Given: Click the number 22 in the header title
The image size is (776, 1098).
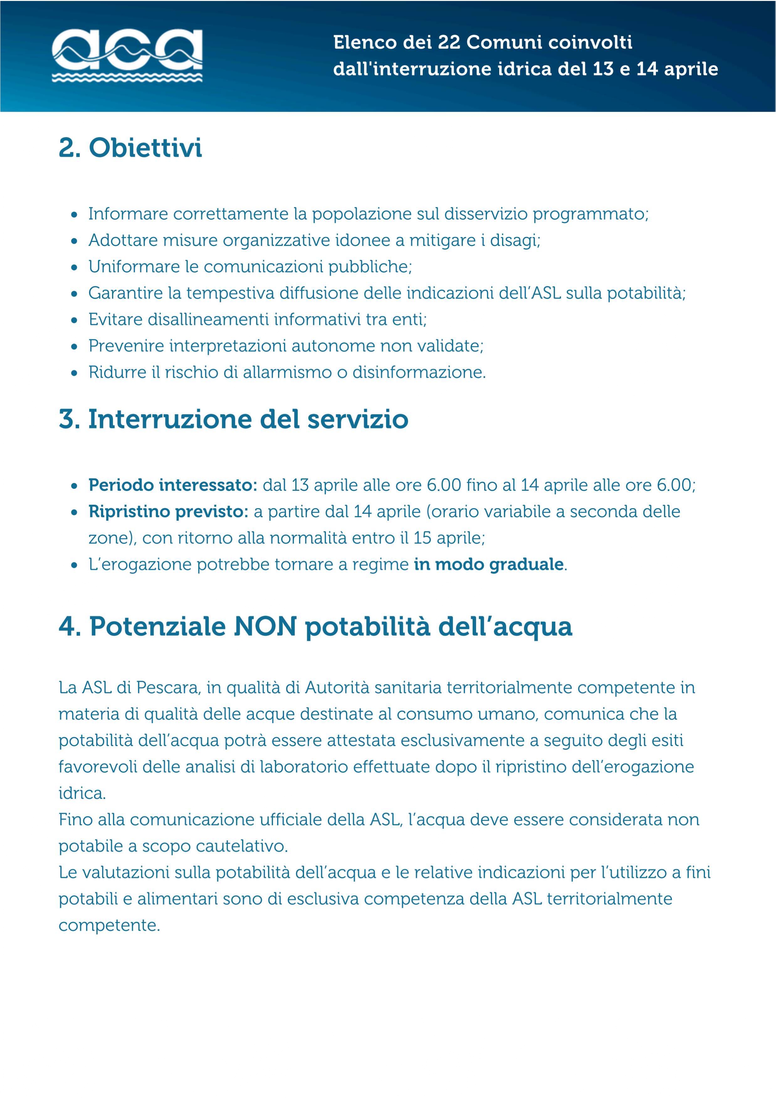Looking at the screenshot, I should click(x=449, y=43).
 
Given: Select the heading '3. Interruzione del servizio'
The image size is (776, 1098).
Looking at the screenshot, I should click(x=233, y=419).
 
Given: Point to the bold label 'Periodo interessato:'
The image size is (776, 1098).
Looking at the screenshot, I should click(x=173, y=485).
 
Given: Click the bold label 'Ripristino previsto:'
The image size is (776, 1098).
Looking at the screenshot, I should click(x=168, y=511).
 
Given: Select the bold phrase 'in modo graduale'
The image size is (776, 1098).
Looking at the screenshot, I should click(x=489, y=564).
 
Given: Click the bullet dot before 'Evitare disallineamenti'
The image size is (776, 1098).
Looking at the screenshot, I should click(x=74, y=320).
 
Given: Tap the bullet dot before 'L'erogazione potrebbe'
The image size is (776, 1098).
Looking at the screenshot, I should click(x=74, y=565).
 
